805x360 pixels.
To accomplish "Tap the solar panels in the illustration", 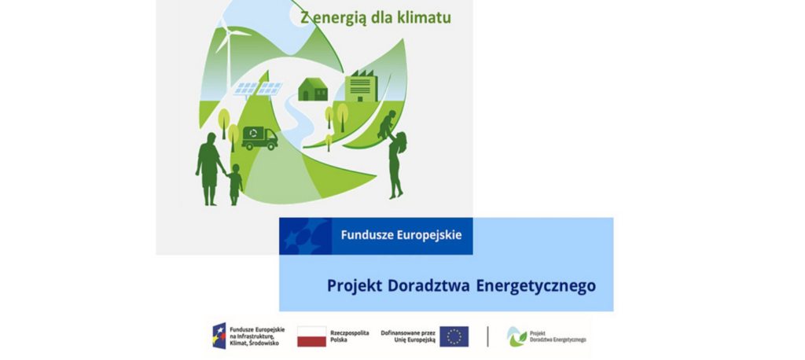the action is pyautogui.click(x=258, y=89).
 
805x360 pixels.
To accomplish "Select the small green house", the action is pyautogui.click(x=313, y=89).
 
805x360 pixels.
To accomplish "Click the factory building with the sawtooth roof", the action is pyautogui.click(x=361, y=86).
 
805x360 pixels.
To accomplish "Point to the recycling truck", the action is pyautogui.click(x=259, y=138).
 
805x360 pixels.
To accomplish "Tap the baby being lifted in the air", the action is pyautogui.click(x=387, y=123).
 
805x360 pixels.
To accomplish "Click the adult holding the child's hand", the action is pyautogui.click(x=209, y=169).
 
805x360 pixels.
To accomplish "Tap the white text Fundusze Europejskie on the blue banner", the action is pyautogui.click(x=401, y=235).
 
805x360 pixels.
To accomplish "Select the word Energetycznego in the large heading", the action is pyautogui.click(x=536, y=287).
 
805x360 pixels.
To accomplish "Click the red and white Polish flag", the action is pyautogui.click(x=311, y=336).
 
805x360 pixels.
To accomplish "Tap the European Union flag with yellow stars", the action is pyautogui.click(x=454, y=336).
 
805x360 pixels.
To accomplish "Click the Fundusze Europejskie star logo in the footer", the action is pyautogui.click(x=219, y=336).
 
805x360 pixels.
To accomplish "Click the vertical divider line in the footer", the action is pyautogui.click(x=487, y=336).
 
